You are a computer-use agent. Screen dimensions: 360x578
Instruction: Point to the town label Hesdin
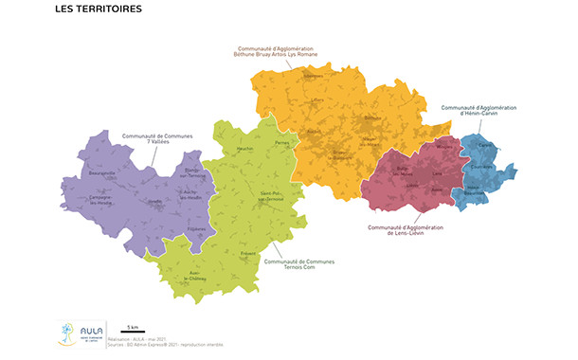point(155,201)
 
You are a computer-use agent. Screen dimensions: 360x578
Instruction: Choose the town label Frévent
point(248,254)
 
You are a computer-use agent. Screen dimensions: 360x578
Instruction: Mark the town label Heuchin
point(244,150)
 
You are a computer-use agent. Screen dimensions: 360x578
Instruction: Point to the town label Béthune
point(371,118)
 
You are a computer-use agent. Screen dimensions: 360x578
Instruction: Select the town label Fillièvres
point(195,230)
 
